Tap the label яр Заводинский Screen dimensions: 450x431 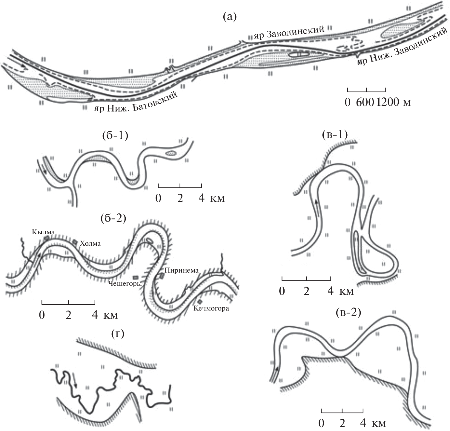pos(289,33)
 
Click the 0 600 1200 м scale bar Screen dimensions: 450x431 pos(366,90)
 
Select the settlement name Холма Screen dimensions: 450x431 pos(90,243)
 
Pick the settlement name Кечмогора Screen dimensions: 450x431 pos(211,308)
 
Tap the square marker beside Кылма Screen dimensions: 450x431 pos(46,238)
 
